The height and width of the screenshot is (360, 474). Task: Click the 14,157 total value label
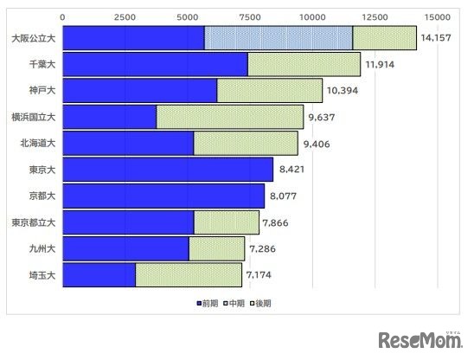click(440, 38)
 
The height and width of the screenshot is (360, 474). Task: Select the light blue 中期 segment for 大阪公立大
click(279, 38)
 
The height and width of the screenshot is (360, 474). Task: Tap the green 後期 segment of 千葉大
click(304, 64)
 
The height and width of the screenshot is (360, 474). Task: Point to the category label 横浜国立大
click(33, 117)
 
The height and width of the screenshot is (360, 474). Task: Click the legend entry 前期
click(208, 303)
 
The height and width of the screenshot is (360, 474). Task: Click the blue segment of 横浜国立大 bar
click(110, 117)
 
